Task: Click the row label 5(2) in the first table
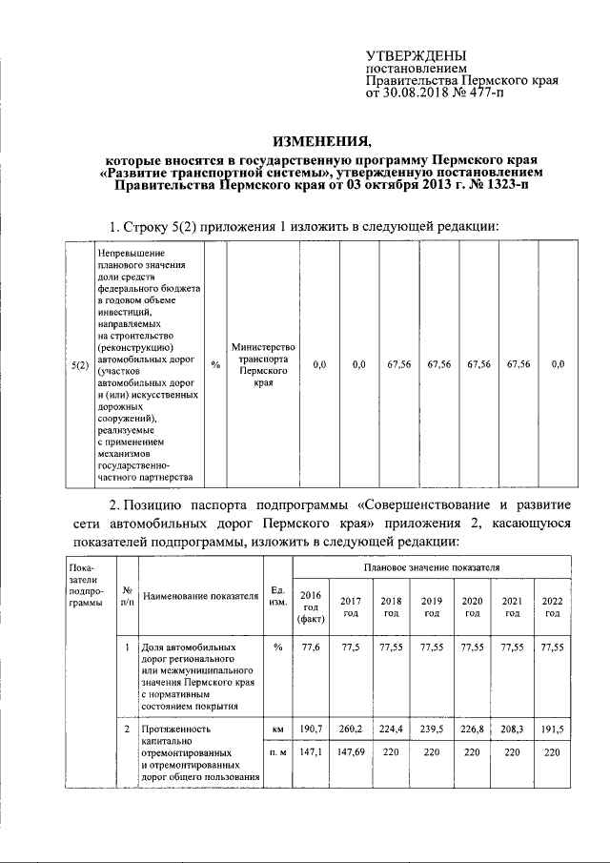[80, 364]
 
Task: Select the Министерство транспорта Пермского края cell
[263, 364]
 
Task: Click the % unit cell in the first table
[214, 364]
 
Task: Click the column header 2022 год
[552, 606]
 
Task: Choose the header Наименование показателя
[200, 597]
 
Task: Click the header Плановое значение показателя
[432, 567]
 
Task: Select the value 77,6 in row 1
[312, 647]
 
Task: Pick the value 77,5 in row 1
[351, 647]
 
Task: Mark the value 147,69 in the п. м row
[351, 752]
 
